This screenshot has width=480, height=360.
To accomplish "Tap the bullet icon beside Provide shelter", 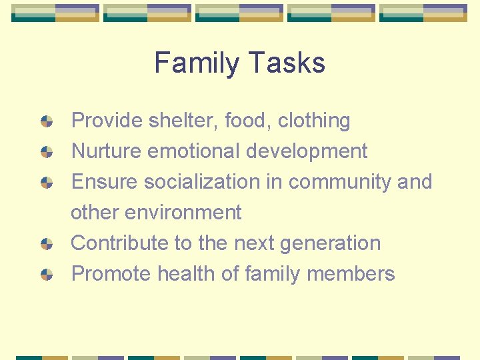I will click(x=47, y=121).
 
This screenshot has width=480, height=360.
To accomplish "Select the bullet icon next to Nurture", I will click(x=47, y=151).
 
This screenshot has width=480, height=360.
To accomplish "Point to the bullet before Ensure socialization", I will click(x=47, y=182).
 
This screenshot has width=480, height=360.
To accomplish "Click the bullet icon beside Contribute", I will click(x=47, y=243).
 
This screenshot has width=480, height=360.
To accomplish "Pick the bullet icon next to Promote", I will click(x=47, y=274).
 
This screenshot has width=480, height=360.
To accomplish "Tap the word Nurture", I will click(x=106, y=151).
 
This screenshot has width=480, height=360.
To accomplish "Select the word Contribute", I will click(x=120, y=243).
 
